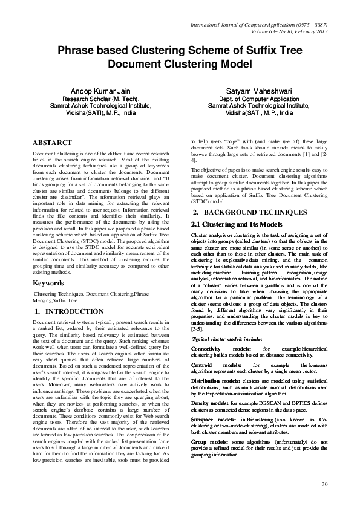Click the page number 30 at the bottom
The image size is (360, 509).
point(324,484)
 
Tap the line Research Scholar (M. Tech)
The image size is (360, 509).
point(101,99)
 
